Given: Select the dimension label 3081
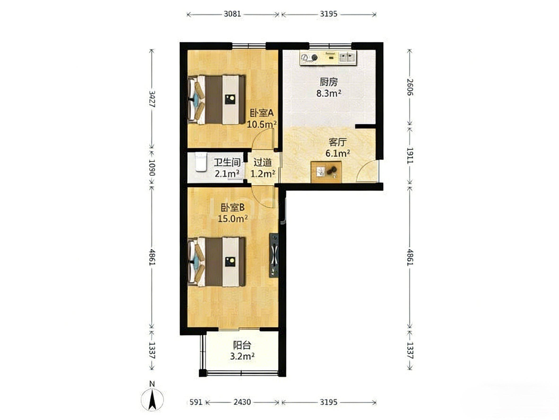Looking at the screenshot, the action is [x=232, y=14].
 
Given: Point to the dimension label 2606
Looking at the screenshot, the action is [x=410, y=87].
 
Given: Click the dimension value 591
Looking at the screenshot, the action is [x=196, y=402].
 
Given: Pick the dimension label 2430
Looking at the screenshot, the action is [x=242, y=402].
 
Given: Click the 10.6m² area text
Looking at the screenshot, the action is [x=262, y=124].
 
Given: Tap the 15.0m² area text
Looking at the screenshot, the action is [x=232, y=218].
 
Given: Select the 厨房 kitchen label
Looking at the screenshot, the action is [x=328, y=82].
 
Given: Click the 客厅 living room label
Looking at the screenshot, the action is [x=337, y=142].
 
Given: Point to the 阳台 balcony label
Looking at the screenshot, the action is [x=242, y=345].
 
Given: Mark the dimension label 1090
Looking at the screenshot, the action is [x=152, y=167].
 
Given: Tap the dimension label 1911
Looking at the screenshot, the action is [x=410, y=155].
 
